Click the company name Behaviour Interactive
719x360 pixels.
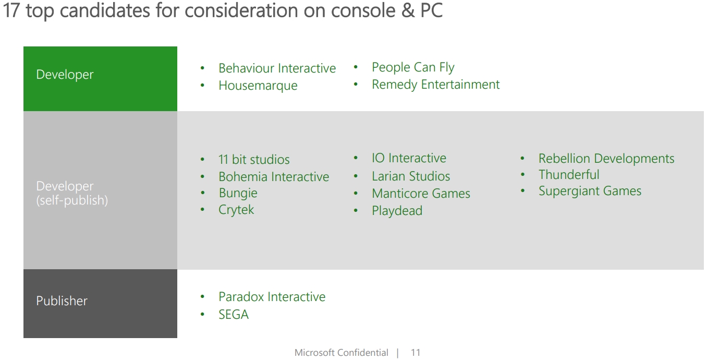(x=277, y=68)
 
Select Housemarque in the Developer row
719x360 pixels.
(x=258, y=86)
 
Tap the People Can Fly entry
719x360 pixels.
(x=413, y=68)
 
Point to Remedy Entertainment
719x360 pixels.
(x=435, y=85)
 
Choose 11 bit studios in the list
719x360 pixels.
(x=254, y=160)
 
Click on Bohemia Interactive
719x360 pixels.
(x=274, y=177)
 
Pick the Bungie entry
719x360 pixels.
(x=238, y=194)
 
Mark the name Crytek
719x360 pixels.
(x=236, y=210)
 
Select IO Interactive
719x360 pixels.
(x=409, y=158)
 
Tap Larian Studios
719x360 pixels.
(x=411, y=176)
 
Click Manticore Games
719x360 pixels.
(x=421, y=194)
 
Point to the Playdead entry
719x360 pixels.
(x=397, y=211)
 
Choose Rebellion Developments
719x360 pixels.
(x=606, y=159)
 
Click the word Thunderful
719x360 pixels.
(x=569, y=175)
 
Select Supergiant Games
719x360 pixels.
(x=590, y=191)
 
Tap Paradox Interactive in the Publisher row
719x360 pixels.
(x=272, y=297)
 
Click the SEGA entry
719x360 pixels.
(x=234, y=315)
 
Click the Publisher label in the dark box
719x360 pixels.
(x=62, y=301)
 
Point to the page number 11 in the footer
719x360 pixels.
(x=416, y=353)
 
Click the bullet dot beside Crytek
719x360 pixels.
(x=202, y=210)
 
